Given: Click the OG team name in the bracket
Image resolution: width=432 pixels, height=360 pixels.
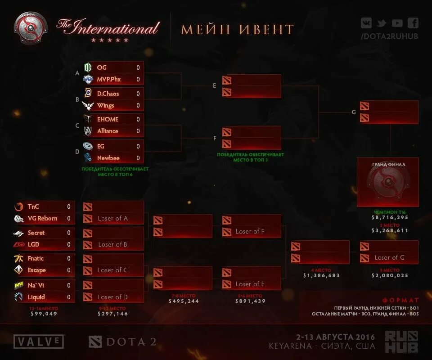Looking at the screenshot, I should tap(102, 67).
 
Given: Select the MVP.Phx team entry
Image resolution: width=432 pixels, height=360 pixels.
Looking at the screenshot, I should tap(109, 79).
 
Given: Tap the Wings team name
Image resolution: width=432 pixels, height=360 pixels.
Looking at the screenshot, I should tap(106, 106).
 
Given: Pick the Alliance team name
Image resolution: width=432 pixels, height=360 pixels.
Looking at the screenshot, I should tap(108, 131).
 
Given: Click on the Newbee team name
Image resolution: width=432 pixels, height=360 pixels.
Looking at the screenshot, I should tap(108, 158).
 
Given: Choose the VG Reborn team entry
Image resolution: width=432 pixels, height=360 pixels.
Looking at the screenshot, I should tap(42, 218).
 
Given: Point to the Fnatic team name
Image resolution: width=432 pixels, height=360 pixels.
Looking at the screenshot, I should tap(36, 258).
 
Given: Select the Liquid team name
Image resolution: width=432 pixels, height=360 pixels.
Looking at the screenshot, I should tap(36, 297).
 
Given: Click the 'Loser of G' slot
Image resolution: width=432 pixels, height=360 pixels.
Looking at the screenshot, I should tap(389, 258).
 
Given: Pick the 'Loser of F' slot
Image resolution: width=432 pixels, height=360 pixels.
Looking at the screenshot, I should tap(250, 231).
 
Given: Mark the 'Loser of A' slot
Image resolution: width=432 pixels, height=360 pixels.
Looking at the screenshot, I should tap(113, 218).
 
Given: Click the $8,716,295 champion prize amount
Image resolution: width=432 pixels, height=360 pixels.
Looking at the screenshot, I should tap(390, 217).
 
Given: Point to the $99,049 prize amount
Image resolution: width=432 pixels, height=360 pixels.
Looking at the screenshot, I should tap(44, 313).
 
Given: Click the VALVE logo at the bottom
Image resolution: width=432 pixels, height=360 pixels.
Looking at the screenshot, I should tap(39, 342).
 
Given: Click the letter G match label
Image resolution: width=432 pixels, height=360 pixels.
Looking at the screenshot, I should tap(354, 112).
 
